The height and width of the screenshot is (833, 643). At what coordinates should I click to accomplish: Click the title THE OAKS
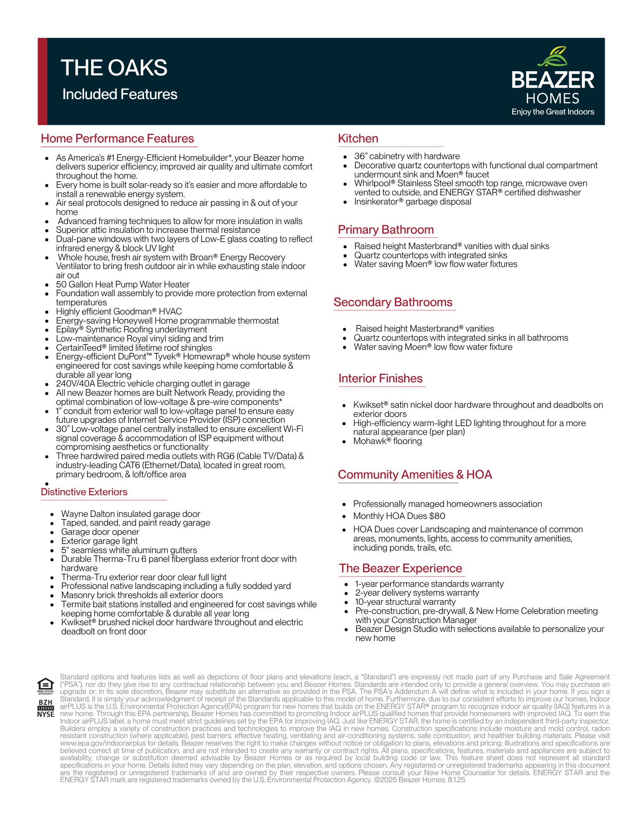pos(114,68)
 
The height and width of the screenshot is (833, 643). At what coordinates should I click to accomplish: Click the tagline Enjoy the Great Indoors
pos(553,112)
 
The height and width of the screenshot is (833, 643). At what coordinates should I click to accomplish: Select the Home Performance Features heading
pos(117,139)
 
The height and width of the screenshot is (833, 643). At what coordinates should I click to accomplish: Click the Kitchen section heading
pos(358,139)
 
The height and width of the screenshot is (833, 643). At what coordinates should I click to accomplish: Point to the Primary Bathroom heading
pos(386,230)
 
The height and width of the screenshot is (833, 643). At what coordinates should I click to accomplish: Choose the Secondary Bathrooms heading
pos(393,302)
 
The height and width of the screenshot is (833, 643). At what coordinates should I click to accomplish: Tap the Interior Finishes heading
pos(380,379)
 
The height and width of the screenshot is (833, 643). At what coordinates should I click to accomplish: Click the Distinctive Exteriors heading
pos(84,492)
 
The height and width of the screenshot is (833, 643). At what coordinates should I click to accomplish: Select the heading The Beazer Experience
pos(400,569)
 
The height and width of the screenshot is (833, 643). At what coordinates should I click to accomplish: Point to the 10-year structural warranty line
pos(405,602)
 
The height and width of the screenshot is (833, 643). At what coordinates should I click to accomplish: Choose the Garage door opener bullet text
pos(100,532)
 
